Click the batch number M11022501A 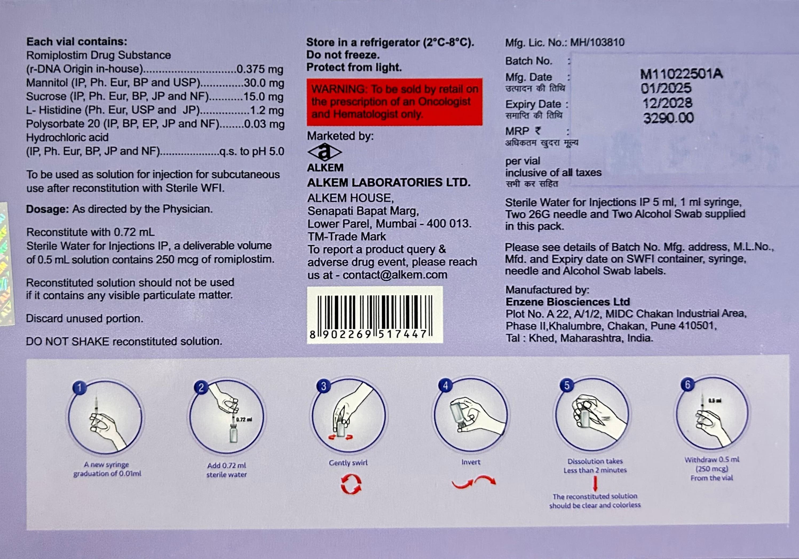[x=681, y=74]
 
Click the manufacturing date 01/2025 [x=666, y=88]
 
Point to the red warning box [x=394, y=102]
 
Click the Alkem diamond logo [x=325, y=152]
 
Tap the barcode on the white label [x=374, y=312]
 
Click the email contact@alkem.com [x=395, y=275]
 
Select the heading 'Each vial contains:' [x=77, y=42]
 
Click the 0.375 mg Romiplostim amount [x=260, y=69]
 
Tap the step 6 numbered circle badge [x=687, y=385]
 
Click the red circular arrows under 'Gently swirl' [x=351, y=485]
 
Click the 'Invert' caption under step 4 [x=470, y=462]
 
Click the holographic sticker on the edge [x=6, y=265]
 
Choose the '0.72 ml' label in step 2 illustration [x=244, y=419]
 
